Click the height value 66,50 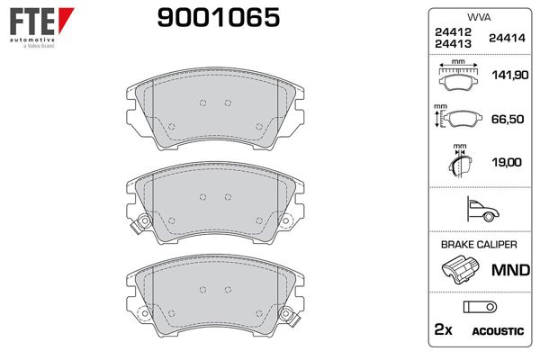point(506,120)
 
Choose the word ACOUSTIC point(498,331)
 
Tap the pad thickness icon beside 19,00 point(461,163)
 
